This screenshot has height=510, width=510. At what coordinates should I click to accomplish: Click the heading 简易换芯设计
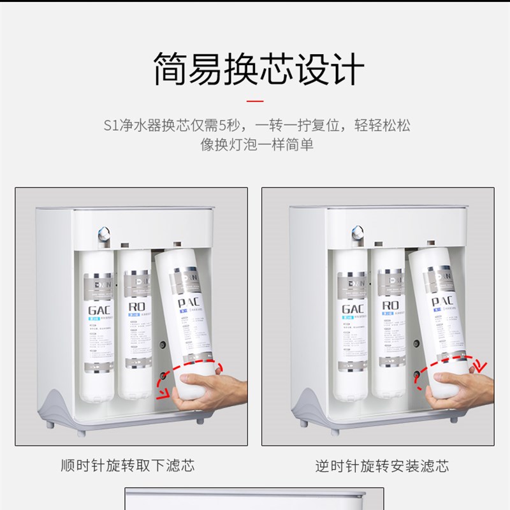click(x=255, y=69)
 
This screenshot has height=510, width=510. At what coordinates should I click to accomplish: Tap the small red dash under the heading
click(x=255, y=101)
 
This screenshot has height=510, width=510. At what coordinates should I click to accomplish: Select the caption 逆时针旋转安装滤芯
click(x=382, y=466)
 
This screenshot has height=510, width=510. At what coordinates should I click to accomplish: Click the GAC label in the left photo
click(x=99, y=310)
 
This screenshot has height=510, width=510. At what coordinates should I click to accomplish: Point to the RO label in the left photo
click(x=135, y=307)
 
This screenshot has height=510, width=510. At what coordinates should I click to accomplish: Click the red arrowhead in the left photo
click(x=167, y=391)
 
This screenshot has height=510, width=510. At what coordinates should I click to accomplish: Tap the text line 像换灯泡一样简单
click(x=255, y=145)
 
